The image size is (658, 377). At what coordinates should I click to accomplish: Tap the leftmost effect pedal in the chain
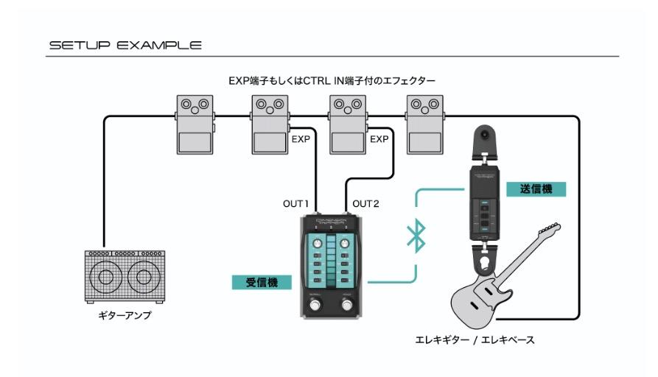[195, 123]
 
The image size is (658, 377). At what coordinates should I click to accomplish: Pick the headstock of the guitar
[547, 233]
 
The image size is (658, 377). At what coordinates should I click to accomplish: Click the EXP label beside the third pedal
[379, 138]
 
